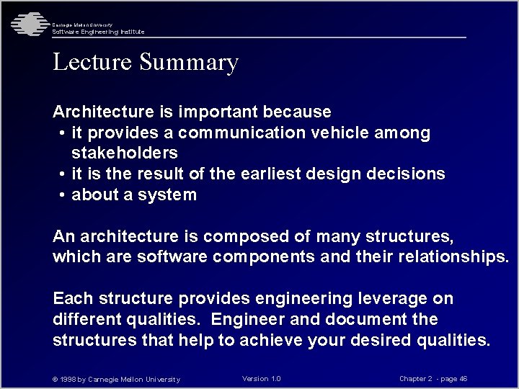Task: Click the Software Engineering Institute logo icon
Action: [x=27, y=24]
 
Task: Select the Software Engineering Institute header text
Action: [x=98, y=32]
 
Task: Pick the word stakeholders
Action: [x=125, y=153]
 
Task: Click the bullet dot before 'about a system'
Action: [x=63, y=195]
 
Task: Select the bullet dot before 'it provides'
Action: [x=63, y=133]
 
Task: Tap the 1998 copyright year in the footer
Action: [x=73, y=380]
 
